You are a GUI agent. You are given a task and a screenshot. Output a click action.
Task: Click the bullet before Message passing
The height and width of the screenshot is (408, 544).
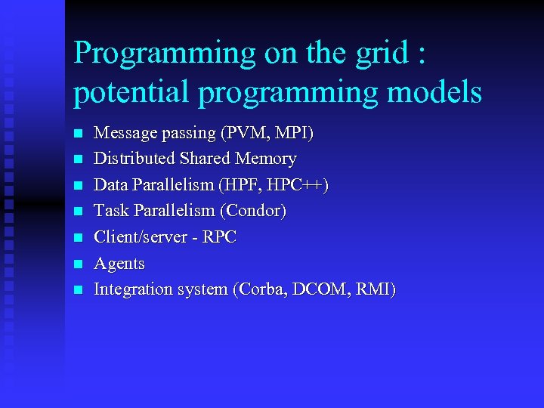click(76, 134)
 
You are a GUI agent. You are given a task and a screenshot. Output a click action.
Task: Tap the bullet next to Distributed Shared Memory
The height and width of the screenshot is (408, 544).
click(76, 160)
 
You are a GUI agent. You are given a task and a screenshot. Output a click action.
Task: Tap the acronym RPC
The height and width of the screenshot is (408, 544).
click(220, 237)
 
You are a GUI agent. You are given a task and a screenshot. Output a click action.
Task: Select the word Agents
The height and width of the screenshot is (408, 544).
click(119, 264)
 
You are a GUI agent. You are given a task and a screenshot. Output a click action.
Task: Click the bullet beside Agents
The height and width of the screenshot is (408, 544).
click(76, 264)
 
